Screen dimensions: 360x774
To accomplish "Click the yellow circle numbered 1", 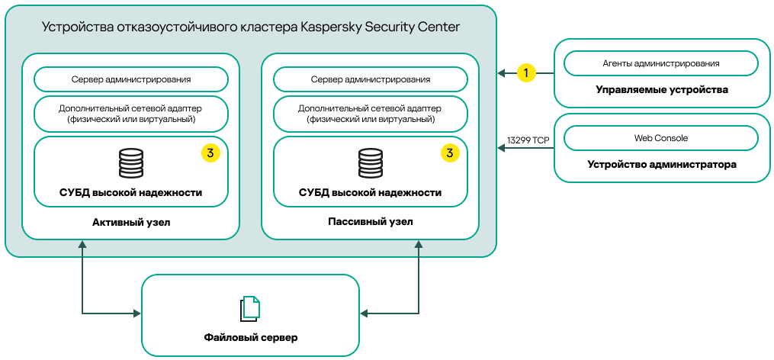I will [526, 73].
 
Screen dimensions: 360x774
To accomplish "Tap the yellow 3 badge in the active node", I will [210, 153].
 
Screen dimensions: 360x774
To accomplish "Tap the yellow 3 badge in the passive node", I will [450, 153].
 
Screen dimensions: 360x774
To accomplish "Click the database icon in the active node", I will [131, 162].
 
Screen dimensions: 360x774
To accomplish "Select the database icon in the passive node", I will [371, 162].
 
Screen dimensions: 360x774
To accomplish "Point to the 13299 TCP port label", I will [528, 140].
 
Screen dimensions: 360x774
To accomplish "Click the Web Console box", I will [660, 139].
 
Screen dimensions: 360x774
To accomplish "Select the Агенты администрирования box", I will [660, 64].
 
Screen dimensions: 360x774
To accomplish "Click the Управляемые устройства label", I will [661, 90].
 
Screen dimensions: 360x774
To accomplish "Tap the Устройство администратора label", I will [661, 164].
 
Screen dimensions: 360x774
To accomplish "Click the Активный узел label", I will [131, 222].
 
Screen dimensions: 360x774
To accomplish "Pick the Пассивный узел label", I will [371, 222].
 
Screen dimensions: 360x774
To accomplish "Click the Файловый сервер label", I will [250, 337].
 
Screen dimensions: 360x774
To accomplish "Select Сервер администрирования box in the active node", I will [131, 79].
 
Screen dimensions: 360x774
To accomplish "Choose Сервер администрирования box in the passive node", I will [371, 79].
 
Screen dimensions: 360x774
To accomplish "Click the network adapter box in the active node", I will [131, 114].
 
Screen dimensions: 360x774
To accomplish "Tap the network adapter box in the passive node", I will [371, 114].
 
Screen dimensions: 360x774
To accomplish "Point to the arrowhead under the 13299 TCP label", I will [502, 149].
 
